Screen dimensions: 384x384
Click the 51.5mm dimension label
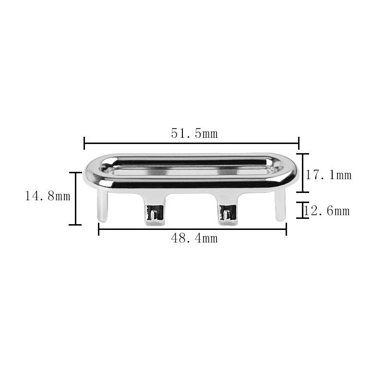coord(194,134)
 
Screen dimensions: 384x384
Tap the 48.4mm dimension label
coord(194,238)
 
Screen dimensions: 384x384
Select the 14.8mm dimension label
coord(48,196)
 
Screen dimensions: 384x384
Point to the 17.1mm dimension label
coord(328,175)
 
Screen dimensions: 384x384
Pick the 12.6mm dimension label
coord(326,211)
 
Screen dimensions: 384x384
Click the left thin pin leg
coord(102,206)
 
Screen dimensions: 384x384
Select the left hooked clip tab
coord(154,210)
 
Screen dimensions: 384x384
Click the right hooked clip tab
coord(228,210)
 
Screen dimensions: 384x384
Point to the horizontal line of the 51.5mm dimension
coord(192,143)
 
